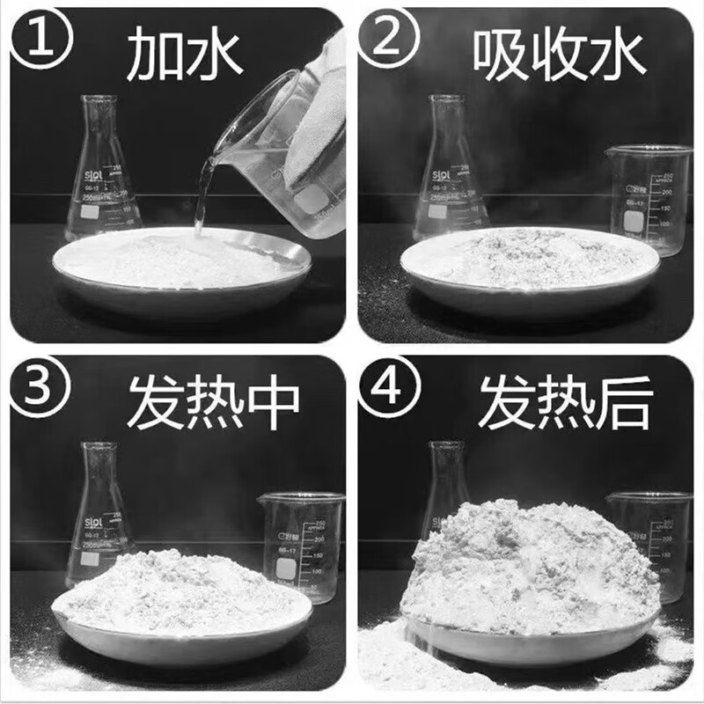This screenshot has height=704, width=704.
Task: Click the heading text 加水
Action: pyautogui.click(x=180, y=50)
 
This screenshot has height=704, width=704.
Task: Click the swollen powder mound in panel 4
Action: pyautogui.click(x=528, y=563)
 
